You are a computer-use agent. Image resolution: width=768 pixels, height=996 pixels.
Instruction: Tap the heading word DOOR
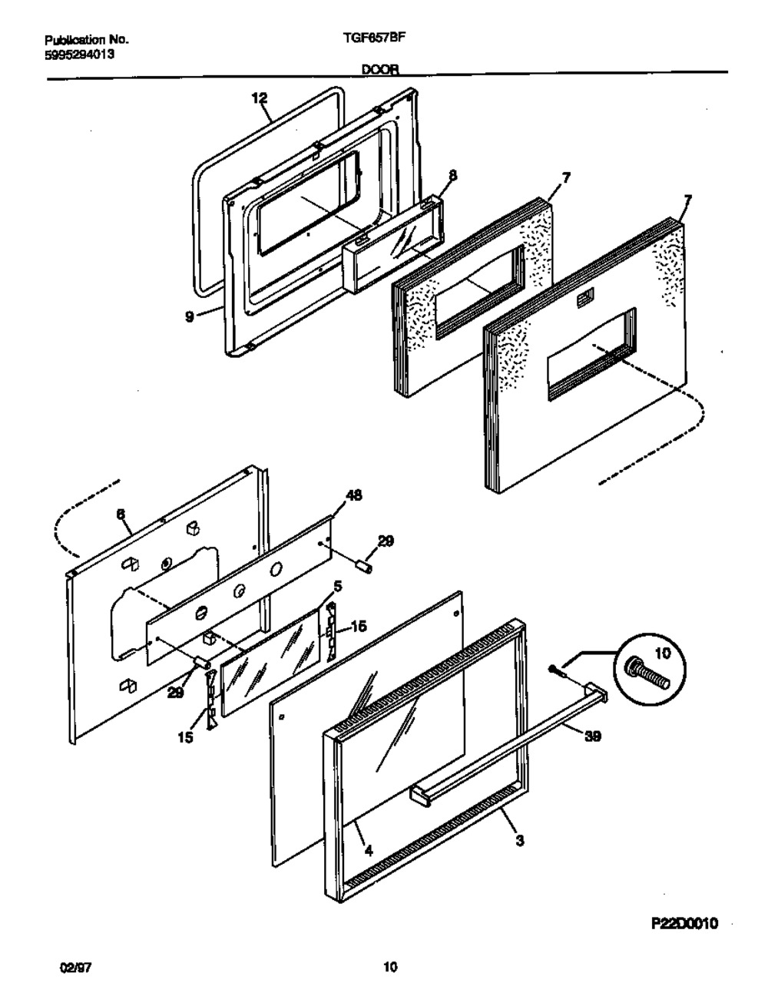381,69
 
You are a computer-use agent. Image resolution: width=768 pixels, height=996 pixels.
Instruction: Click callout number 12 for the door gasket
260,98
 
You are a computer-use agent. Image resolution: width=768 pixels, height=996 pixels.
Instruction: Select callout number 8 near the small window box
452,176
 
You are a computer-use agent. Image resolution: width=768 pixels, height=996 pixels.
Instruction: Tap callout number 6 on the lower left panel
121,518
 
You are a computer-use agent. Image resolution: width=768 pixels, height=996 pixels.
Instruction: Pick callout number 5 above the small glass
338,586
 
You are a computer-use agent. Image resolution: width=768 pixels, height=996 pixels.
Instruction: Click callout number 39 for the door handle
592,736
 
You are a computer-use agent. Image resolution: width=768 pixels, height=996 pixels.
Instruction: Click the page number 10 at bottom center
389,968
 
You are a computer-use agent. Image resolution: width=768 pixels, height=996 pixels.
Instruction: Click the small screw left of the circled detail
558,671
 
